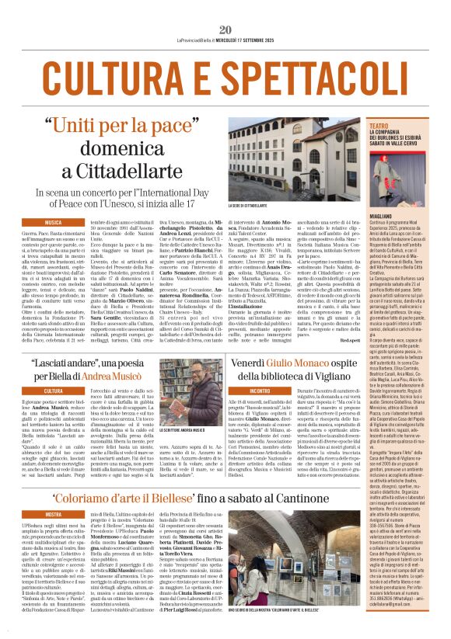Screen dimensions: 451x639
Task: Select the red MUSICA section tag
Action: [54, 222]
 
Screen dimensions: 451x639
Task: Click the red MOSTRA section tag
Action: [54, 515]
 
